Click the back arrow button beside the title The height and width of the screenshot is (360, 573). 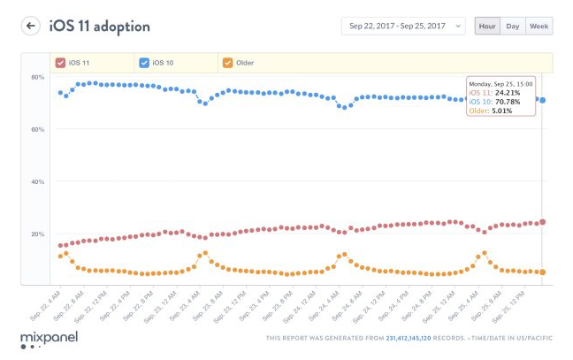(x=31, y=26)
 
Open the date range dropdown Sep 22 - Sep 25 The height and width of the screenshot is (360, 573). (x=402, y=26)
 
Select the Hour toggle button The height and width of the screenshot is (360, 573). (x=486, y=26)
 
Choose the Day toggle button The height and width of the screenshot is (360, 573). (x=513, y=26)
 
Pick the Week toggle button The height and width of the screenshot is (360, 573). (x=539, y=26)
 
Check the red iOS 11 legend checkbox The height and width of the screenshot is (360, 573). (x=60, y=63)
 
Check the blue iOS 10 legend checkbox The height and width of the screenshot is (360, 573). (x=144, y=63)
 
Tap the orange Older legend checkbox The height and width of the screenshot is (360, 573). (x=228, y=63)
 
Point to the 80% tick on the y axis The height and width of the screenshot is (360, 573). (x=38, y=77)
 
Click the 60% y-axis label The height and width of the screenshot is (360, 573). (x=38, y=129)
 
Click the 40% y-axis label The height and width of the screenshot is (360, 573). (x=38, y=181)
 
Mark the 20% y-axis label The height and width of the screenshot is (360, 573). (x=38, y=234)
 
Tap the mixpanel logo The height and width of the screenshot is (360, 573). (x=49, y=337)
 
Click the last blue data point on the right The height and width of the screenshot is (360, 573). (x=542, y=100)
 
